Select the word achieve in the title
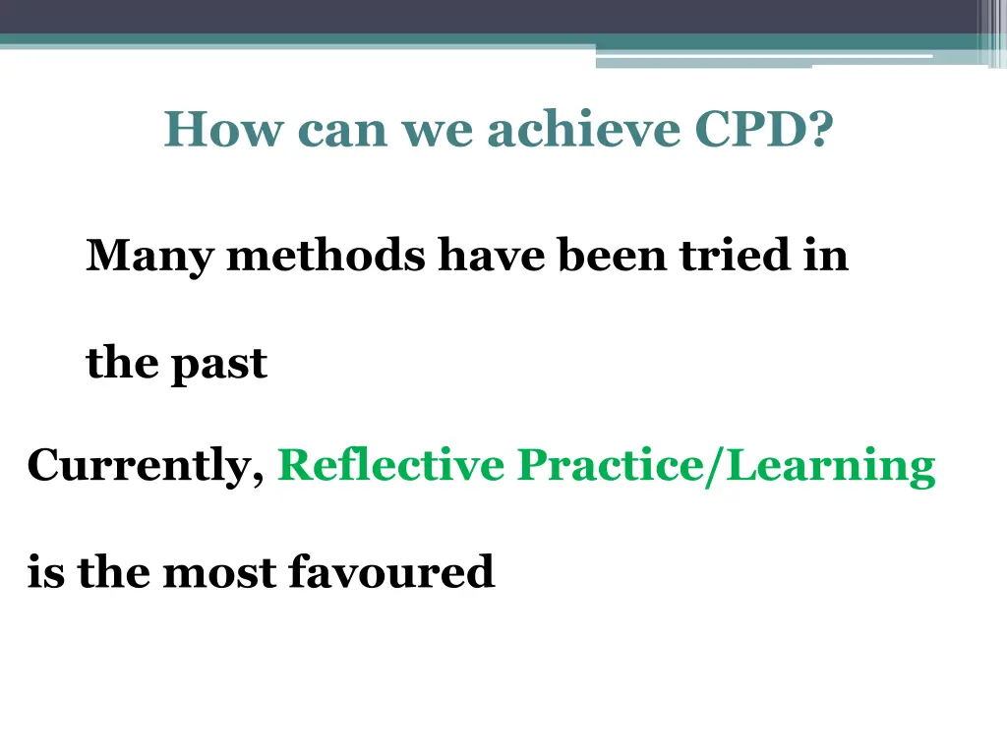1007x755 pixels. click(584, 130)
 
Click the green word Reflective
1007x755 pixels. click(390, 465)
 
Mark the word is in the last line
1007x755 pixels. click(45, 571)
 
